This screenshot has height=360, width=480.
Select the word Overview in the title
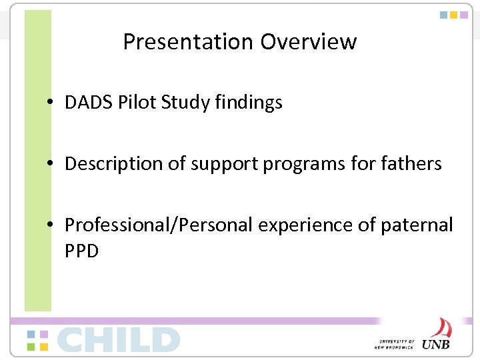(x=309, y=42)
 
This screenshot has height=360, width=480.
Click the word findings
(x=249, y=103)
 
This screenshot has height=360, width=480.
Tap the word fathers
(x=409, y=164)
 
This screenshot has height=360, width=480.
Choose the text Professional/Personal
(x=158, y=225)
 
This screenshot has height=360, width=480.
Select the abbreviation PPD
(x=81, y=251)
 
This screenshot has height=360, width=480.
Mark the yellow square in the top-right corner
(x=454, y=15)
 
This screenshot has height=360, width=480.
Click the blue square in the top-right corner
(x=443, y=15)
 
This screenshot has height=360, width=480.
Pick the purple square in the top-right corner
(x=465, y=15)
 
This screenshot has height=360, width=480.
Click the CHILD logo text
(x=119, y=339)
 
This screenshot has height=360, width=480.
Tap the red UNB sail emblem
(x=440, y=327)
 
